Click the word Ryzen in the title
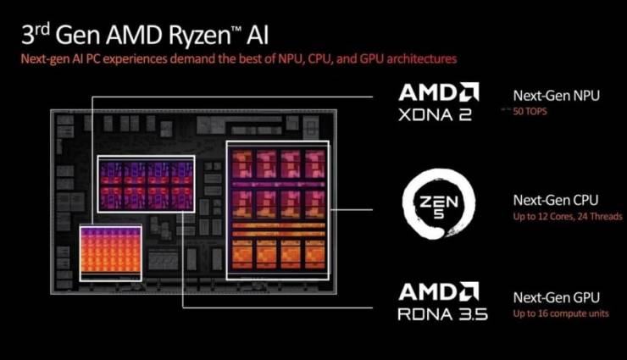point(199,36)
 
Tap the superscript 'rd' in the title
point(42,29)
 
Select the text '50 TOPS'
point(530,111)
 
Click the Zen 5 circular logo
point(439,204)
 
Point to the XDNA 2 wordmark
point(435,115)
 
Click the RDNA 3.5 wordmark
point(442,314)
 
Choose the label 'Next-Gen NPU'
point(556,96)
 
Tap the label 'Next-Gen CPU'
point(556,200)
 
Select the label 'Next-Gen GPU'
point(556,297)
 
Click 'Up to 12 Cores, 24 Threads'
point(568,217)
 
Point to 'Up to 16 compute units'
point(561,313)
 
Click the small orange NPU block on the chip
point(110,253)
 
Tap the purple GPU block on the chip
point(147,184)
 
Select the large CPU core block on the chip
point(278,210)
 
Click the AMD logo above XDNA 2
point(439,92)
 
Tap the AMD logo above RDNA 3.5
point(439,291)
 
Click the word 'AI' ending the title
point(258,35)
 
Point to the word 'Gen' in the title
point(78,35)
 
